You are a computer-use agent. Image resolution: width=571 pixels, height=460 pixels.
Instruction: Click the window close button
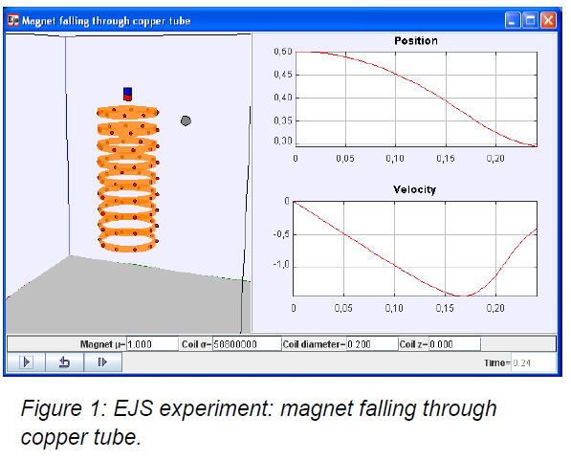pyautogui.click(x=548, y=20)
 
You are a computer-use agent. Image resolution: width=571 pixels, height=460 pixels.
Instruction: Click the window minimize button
pyautogui.click(x=513, y=20)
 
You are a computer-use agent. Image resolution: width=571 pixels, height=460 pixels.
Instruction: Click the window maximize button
pyautogui.click(x=530, y=20)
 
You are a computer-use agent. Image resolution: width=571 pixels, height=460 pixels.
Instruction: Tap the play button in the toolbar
pyautogui.click(x=26, y=362)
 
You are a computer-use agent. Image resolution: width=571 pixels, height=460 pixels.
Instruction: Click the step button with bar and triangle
pyautogui.click(x=102, y=362)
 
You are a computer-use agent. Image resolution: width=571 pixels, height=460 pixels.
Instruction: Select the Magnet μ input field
pyautogui.click(x=152, y=344)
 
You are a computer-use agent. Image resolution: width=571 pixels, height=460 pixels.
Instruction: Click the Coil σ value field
pyautogui.click(x=247, y=344)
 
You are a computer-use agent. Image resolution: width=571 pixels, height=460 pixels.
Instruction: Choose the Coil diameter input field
pyautogui.click(x=372, y=344)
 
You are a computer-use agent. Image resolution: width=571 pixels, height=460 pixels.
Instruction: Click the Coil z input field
pyautogui.click(x=454, y=344)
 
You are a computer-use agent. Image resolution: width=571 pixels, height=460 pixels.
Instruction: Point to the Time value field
pyautogui.click(x=534, y=362)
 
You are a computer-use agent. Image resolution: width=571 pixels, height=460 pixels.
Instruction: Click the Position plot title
pyautogui.click(x=416, y=41)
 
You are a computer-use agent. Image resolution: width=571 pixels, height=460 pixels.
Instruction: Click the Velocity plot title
pyautogui.click(x=415, y=189)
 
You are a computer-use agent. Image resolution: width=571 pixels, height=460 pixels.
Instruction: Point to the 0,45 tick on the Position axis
pyautogui.click(x=283, y=75)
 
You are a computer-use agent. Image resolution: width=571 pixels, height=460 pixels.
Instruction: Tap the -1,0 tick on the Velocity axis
pyautogui.click(x=281, y=264)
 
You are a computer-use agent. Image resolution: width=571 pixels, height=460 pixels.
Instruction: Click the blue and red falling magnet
pyautogui.click(x=127, y=94)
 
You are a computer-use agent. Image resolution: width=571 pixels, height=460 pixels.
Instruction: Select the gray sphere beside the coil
pyautogui.click(x=186, y=120)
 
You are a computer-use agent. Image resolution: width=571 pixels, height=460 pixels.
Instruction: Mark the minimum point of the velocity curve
pyautogui.click(x=461, y=296)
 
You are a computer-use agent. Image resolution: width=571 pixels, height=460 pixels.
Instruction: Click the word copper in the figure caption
pyautogui.click(x=54, y=437)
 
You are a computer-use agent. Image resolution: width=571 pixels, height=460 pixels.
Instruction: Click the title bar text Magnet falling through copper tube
pyautogui.click(x=106, y=21)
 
